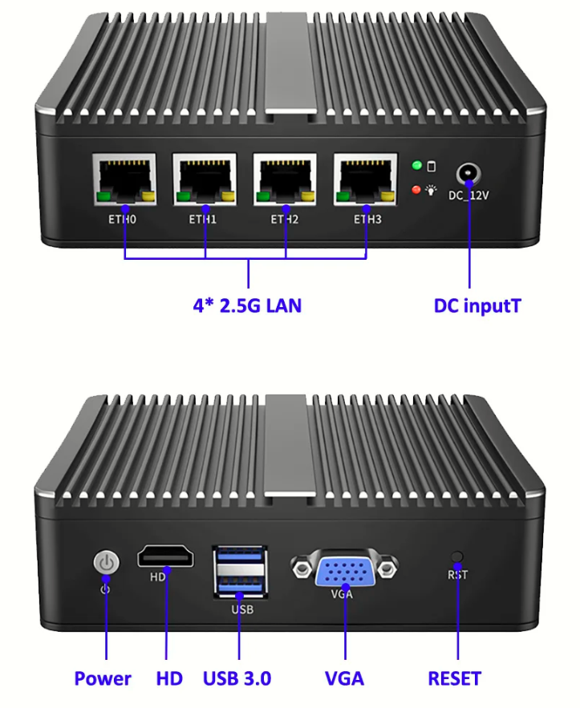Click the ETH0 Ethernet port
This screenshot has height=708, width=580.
pyautogui.click(x=124, y=180)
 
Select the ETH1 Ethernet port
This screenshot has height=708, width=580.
pyautogui.click(x=205, y=180)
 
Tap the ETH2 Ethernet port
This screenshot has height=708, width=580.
pyautogui.click(x=285, y=180)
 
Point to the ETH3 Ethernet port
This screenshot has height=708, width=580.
pyautogui.click(x=366, y=180)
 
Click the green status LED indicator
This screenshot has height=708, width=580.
pyautogui.click(x=417, y=165)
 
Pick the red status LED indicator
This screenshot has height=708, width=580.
pyautogui.click(x=416, y=190)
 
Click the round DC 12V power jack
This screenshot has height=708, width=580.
pyautogui.click(x=468, y=174)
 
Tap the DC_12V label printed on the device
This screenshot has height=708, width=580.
pyautogui.click(x=468, y=196)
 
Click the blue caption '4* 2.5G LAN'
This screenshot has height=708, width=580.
pyautogui.click(x=247, y=305)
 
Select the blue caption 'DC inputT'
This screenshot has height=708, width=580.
pyautogui.click(x=477, y=305)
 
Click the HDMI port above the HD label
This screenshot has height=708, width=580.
pyautogui.click(x=166, y=556)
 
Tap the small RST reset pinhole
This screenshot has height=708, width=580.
pyautogui.click(x=457, y=556)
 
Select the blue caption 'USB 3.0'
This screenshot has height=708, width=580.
pyautogui.click(x=237, y=678)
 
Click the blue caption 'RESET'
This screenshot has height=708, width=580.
pyautogui.click(x=454, y=678)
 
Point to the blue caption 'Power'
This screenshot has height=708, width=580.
pyautogui.click(x=103, y=678)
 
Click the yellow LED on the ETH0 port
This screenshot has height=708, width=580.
pyautogui.click(x=148, y=196)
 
